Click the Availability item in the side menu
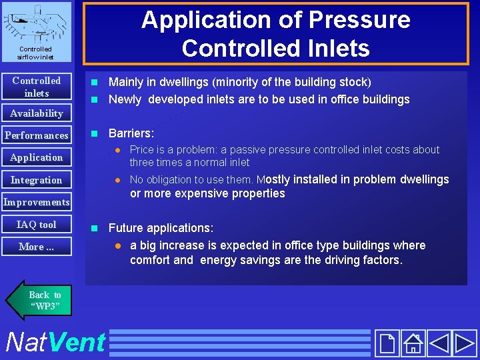tap(36, 113)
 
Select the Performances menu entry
tap(36, 135)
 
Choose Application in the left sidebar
tap(36, 157)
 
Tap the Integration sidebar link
tap(36, 180)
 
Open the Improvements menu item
tap(36, 202)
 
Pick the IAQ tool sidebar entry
tap(36, 225)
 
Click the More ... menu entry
tap(36, 247)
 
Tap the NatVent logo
tap(55, 342)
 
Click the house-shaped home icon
tap(413, 343)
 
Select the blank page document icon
tap(387, 343)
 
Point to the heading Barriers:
tap(131, 133)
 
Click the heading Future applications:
tap(161, 228)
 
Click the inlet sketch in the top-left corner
tap(36, 23)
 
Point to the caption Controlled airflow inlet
tap(36, 53)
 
